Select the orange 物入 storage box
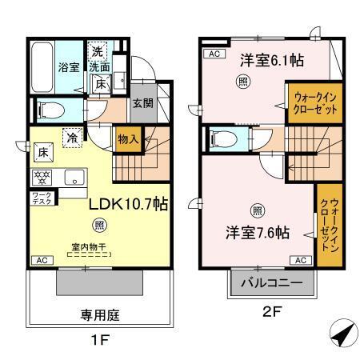128,139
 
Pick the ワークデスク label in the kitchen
42,198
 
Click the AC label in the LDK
39,261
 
